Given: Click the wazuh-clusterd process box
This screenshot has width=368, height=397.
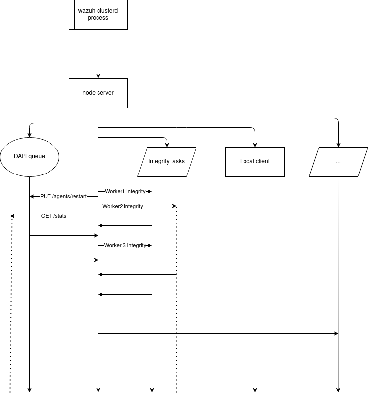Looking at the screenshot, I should [x=98, y=15].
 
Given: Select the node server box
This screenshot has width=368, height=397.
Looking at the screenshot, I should [x=98, y=93].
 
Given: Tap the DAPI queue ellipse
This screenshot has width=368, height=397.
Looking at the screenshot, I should [x=29, y=157].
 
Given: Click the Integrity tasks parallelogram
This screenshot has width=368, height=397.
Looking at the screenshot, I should [x=167, y=161].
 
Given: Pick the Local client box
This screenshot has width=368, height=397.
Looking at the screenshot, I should [x=255, y=161].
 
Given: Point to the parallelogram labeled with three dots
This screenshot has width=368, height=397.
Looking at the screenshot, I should [x=338, y=161].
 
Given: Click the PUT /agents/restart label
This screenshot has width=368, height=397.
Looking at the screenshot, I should [x=63, y=196].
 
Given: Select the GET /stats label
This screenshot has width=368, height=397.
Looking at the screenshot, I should [x=54, y=216].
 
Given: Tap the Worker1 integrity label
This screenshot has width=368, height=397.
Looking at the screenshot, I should [x=125, y=191].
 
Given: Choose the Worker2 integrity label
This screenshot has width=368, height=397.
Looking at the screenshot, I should [x=123, y=206].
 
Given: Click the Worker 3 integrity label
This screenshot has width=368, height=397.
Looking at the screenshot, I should [x=125, y=245].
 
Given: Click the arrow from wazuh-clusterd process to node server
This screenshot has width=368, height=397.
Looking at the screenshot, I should [x=98, y=54].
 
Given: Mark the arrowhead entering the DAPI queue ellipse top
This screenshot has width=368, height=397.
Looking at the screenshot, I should [x=29, y=135].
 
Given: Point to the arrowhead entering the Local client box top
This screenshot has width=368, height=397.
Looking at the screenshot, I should [x=255, y=145].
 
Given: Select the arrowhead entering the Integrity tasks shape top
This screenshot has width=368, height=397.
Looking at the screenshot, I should [x=167, y=145].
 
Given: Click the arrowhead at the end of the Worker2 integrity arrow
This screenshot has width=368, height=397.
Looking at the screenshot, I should [x=174, y=206].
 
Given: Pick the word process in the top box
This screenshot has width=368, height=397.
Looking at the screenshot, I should [x=98, y=18].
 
